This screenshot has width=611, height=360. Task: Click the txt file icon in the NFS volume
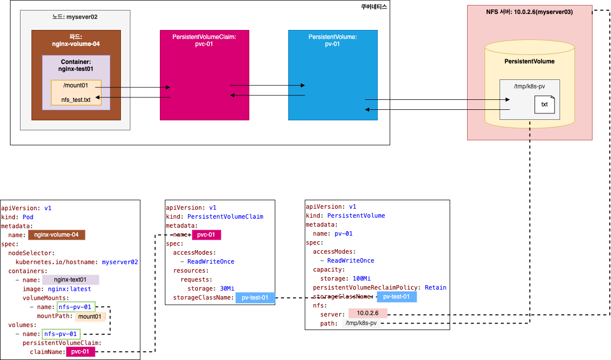(x=544, y=104)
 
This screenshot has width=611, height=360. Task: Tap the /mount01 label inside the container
(x=75, y=85)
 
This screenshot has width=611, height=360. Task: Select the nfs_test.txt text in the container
(x=76, y=100)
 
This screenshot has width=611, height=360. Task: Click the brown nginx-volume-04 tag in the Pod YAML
(x=56, y=235)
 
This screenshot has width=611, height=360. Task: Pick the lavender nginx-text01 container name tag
(x=70, y=280)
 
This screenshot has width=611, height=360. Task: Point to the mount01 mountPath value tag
(x=90, y=316)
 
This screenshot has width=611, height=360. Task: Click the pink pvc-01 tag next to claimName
(x=80, y=352)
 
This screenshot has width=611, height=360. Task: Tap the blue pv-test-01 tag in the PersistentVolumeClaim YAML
(x=255, y=298)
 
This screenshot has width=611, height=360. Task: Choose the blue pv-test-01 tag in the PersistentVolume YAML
(x=397, y=297)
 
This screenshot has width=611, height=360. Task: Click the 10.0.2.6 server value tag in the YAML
(x=368, y=313)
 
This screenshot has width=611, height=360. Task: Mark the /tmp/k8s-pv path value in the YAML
(x=361, y=324)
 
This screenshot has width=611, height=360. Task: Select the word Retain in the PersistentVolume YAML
(x=435, y=287)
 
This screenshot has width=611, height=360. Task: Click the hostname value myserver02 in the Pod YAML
(x=120, y=262)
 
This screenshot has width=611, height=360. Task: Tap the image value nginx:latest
(x=69, y=289)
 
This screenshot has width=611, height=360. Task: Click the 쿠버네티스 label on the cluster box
(x=374, y=7)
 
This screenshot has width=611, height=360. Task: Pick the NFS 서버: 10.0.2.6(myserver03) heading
(x=529, y=12)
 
